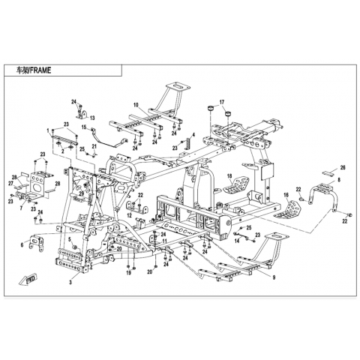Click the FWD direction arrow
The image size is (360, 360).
click(x=28, y=279)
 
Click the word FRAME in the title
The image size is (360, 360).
click(x=40, y=70)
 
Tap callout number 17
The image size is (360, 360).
click(x=222, y=102)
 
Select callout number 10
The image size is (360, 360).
click(x=136, y=106)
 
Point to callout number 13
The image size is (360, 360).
click(x=92, y=118)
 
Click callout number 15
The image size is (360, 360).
click(x=84, y=127)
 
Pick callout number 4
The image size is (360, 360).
click(x=193, y=135)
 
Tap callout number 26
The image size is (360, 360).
click(x=343, y=168)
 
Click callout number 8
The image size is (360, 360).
click(x=339, y=179)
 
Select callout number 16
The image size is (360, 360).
click(x=286, y=195)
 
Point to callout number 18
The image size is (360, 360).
click(x=229, y=176)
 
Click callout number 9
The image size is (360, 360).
click(x=274, y=277)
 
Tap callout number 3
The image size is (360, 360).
click(x=70, y=282)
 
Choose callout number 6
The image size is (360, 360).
click(x=22, y=245)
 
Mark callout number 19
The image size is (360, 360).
click(x=128, y=273)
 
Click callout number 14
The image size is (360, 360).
click(x=237, y=241)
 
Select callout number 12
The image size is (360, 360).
click(x=129, y=215)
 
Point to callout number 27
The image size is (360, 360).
click(x=10, y=184)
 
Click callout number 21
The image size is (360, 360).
click(x=94, y=146)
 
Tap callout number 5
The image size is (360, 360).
click(x=70, y=238)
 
